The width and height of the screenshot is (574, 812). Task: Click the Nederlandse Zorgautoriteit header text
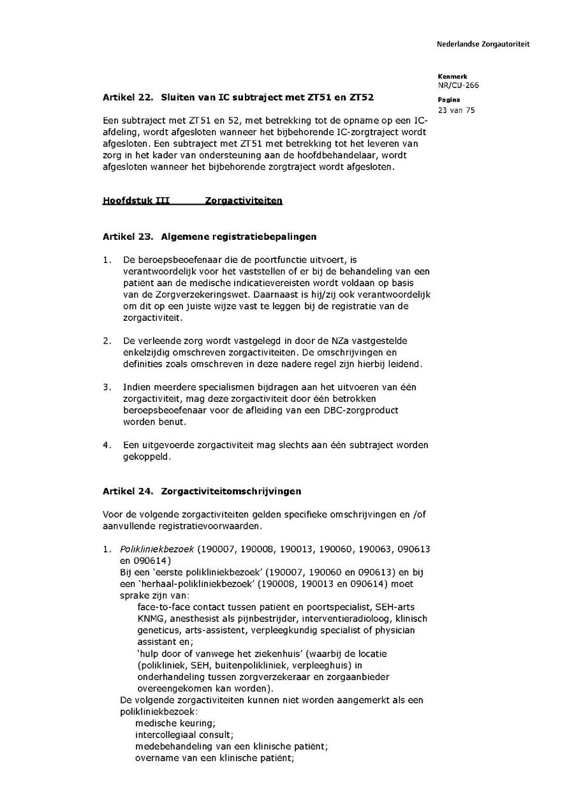click(483, 44)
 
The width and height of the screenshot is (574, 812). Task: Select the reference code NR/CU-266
click(458, 85)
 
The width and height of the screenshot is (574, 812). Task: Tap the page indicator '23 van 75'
click(456, 110)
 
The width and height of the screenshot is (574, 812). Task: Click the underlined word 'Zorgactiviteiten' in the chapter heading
click(244, 201)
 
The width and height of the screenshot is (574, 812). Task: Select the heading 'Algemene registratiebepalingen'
click(239, 237)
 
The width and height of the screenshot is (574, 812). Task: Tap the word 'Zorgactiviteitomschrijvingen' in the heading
click(232, 491)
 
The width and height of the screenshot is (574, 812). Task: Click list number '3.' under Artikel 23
click(107, 387)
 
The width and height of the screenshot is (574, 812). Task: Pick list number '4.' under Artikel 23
click(107, 445)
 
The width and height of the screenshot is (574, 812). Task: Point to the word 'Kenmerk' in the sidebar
click(452, 77)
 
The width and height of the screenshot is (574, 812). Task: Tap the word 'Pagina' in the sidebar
click(449, 100)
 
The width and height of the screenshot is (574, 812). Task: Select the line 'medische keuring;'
click(175, 723)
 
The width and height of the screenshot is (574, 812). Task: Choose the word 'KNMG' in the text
click(150, 619)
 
